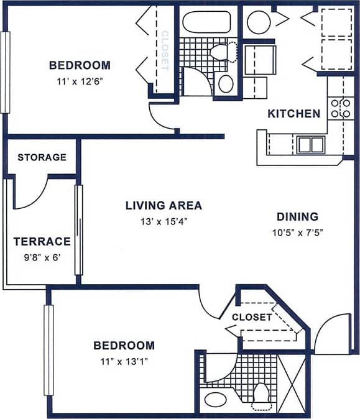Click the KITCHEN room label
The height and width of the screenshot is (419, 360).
(293, 114)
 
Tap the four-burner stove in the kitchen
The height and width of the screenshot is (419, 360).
(341, 108)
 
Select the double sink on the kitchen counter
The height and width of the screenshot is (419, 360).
(310, 145)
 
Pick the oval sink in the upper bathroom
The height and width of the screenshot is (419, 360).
(226, 83)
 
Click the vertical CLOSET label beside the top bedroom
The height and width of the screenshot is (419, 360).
(165, 50)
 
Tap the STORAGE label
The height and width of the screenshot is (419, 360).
(42, 157)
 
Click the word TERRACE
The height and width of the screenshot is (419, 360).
(42, 241)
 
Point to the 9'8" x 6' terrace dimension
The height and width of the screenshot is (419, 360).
(42, 257)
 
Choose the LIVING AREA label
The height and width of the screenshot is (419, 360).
(164, 206)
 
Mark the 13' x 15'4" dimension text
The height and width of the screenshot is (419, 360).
(164, 221)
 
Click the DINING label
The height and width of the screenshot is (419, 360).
(297, 217)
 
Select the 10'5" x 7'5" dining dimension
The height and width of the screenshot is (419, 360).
(297, 233)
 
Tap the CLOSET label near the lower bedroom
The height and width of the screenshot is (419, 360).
(252, 317)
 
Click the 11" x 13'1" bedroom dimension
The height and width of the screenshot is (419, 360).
(124, 361)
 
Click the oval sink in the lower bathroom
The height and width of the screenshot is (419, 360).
(216, 399)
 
